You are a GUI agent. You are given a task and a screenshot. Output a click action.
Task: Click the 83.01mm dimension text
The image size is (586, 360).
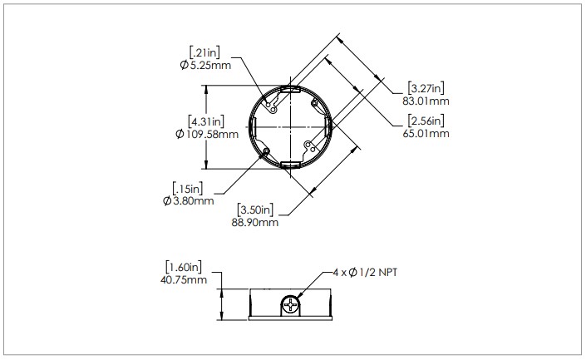point(426,101)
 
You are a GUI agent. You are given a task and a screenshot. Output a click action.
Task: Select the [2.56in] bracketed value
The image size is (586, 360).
point(426,121)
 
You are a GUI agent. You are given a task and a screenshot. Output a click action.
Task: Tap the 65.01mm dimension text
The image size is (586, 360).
point(426,134)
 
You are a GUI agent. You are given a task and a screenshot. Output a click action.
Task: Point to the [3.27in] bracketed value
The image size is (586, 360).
point(426,89)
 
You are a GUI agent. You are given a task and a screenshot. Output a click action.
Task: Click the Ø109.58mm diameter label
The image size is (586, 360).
point(207,134)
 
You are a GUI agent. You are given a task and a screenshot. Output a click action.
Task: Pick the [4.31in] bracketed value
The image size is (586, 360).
point(206,121)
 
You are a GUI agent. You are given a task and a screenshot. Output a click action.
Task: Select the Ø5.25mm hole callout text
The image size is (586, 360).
point(205,66)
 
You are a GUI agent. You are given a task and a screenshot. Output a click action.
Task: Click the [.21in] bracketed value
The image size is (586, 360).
point(204,52)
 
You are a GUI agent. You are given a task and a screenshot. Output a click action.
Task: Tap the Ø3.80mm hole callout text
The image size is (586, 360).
point(189,200)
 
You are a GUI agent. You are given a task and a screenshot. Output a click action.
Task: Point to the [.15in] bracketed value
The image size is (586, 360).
point(188,188)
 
